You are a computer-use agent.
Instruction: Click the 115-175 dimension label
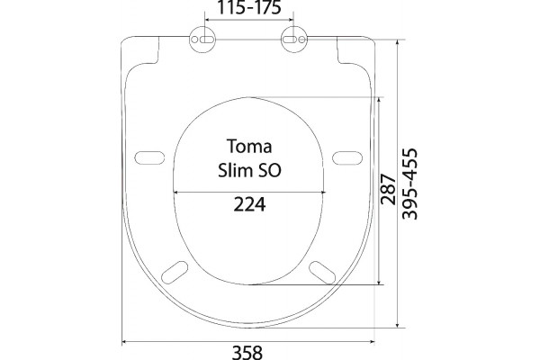coord(249,7)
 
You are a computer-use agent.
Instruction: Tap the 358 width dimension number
coord(247,353)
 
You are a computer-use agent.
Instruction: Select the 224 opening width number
coord(249,204)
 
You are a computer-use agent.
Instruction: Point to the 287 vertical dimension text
coord(388,190)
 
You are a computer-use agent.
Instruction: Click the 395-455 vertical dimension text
coord(409,184)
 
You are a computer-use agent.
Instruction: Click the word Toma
coord(249,146)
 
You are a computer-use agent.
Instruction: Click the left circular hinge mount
coord(202,40)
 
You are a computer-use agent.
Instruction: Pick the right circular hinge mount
coord(294,40)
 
